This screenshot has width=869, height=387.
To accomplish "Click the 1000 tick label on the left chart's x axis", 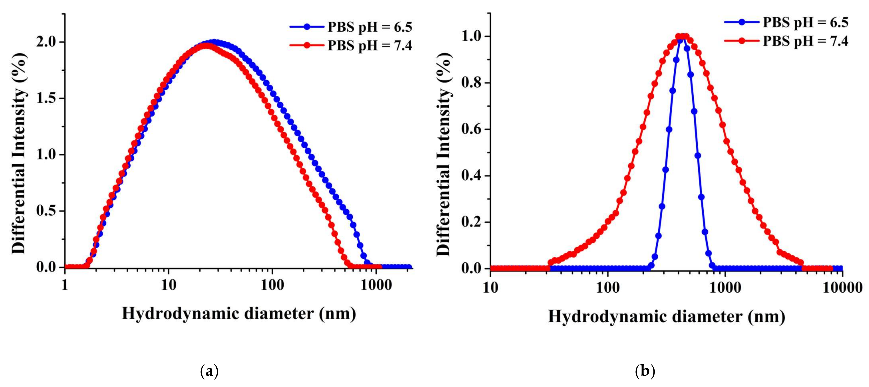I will tap(376, 286).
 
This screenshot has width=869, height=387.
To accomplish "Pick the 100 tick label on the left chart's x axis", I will tap(272, 286).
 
